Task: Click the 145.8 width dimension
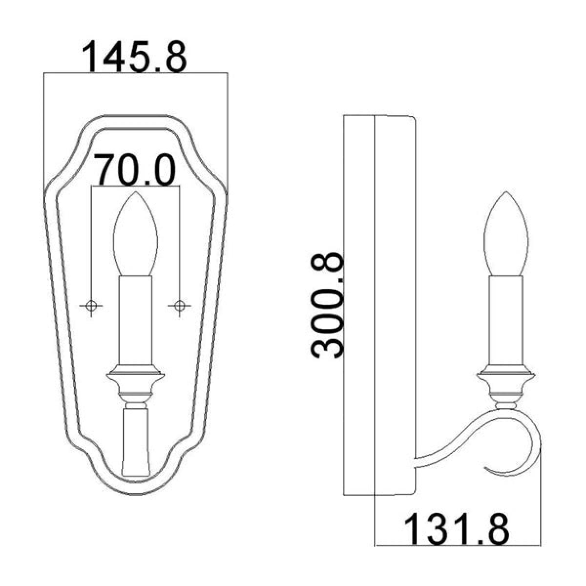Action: click(135, 57)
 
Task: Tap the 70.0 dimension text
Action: click(135, 170)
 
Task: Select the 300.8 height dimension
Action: click(327, 306)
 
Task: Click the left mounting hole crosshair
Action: click(91, 305)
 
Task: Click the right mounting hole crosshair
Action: click(179, 305)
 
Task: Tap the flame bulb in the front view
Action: click(136, 234)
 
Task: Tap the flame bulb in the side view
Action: click(506, 234)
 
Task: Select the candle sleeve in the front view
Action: click(136, 320)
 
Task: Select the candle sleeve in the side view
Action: click(506, 320)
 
